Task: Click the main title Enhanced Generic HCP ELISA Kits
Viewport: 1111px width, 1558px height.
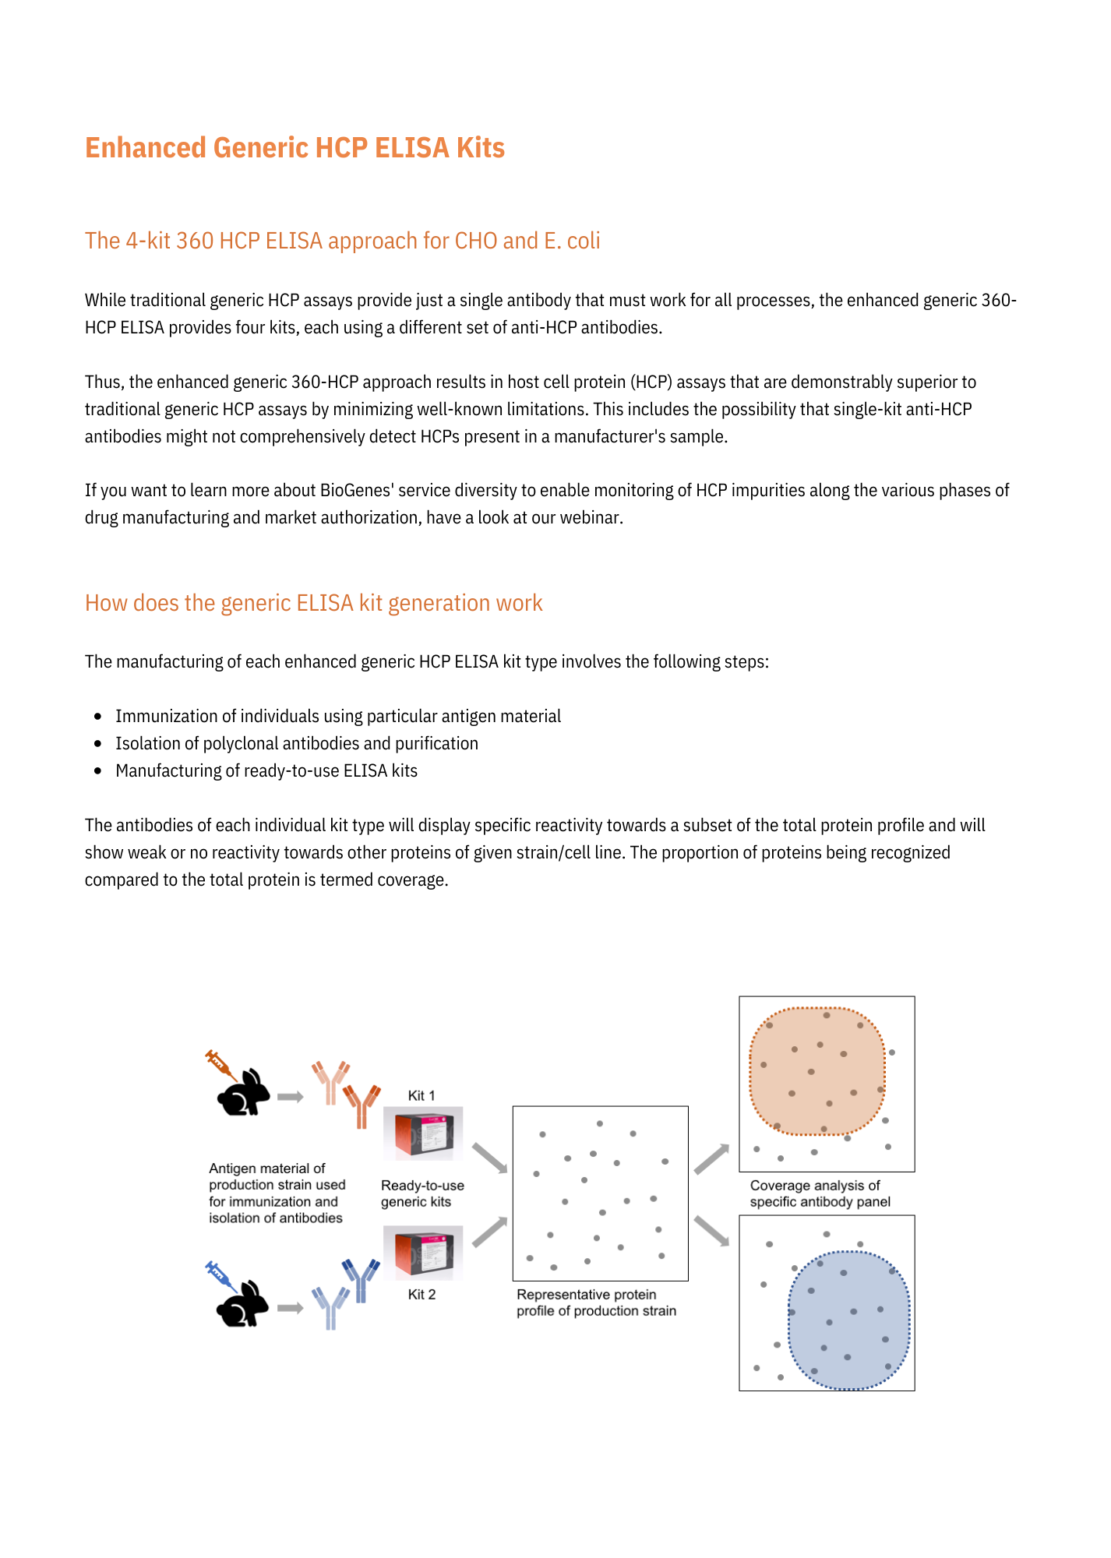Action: point(295,148)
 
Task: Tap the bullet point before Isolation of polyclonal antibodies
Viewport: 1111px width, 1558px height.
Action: point(97,744)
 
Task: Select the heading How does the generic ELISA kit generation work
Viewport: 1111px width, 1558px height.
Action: point(313,603)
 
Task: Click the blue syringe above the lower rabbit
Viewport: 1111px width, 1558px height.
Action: point(220,1275)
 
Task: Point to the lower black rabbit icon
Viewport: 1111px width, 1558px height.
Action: point(242,1305)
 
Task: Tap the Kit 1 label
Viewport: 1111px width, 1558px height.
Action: point(421,1095)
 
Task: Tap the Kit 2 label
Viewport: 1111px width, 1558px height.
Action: point(421,1295)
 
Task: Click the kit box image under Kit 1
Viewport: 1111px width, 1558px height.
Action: point(423,1133)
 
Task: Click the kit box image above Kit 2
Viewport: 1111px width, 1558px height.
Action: point(423,1253)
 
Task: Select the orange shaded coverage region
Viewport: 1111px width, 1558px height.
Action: point(816,1072)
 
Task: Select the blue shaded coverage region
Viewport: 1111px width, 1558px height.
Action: point(849,1320)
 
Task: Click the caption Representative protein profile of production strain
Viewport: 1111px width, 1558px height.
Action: point(596,1302)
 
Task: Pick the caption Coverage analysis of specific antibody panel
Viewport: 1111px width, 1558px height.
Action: point(820,1193)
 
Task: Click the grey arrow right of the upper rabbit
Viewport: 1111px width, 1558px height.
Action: point(290,1097)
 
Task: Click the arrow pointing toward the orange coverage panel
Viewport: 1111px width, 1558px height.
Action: point(711,1159)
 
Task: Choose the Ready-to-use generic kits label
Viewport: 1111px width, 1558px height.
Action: point(422,1193)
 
